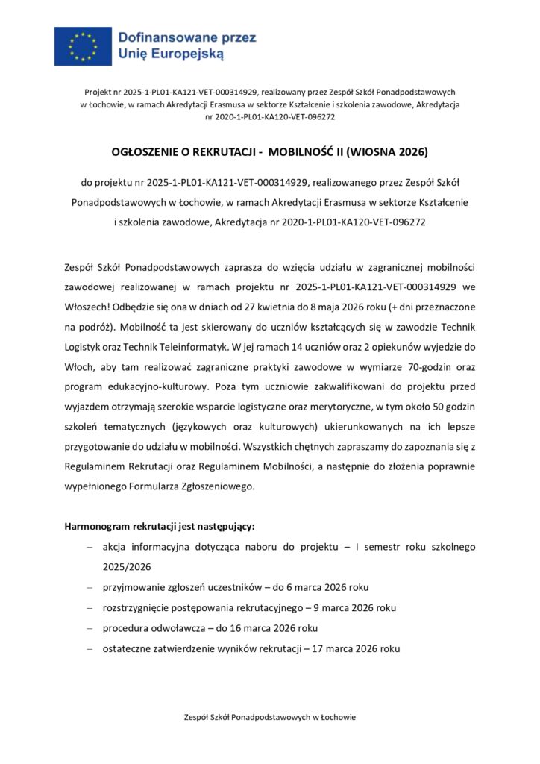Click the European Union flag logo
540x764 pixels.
pos(83,46)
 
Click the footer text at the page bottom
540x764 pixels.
pos(270,717)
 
